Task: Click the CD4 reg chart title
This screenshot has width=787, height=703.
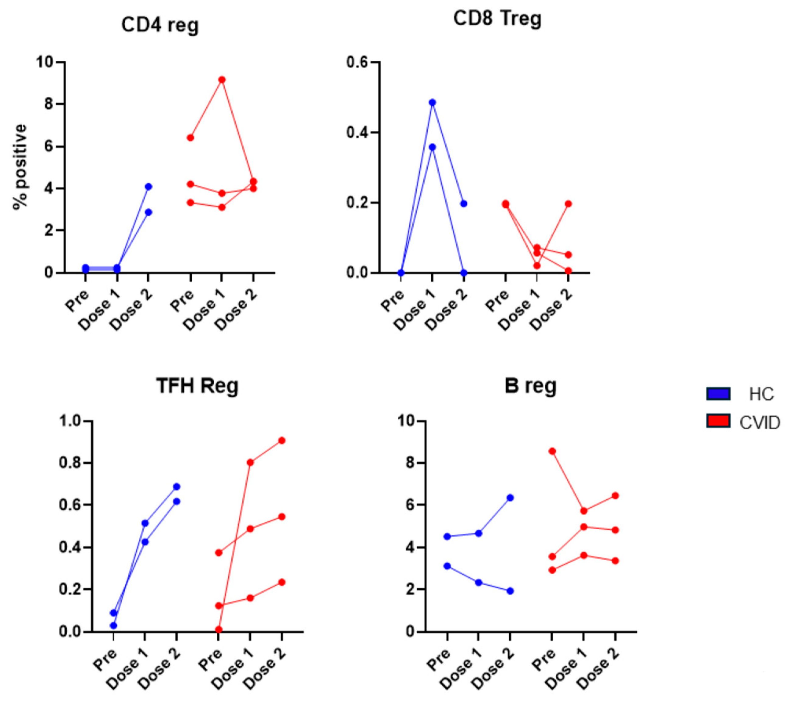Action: (160, 26)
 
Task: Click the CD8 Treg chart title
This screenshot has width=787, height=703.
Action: (497, 19)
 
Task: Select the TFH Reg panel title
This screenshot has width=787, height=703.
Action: (197, 385)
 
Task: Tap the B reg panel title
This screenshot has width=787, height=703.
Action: (530, 385)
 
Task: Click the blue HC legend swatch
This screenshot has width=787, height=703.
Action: (718, 394)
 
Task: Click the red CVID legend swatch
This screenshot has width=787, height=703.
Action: (718, 421)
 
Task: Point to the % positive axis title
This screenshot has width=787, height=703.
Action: (20, 167)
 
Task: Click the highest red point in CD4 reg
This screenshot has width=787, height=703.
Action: (222, 80)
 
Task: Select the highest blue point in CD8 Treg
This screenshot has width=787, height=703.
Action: (433, 102)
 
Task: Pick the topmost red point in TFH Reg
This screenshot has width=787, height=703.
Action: (282, 440)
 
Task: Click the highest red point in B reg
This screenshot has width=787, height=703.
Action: (552, 451)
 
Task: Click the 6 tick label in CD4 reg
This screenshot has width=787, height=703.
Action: (49, 147)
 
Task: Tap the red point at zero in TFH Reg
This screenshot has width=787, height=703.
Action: (219, 630)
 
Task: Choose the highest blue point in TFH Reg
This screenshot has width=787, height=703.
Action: (176, 487)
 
